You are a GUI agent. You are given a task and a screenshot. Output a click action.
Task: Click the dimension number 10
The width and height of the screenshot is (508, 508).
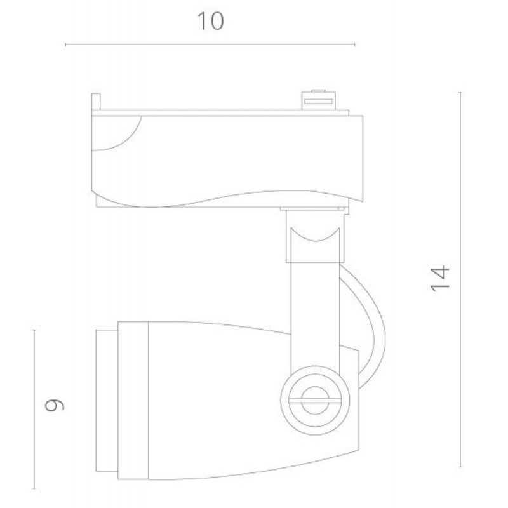tap(211, 21)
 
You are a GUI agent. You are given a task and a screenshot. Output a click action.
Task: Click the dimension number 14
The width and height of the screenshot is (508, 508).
tap(439, 279)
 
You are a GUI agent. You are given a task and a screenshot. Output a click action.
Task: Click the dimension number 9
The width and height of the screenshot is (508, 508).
tap(54, 405)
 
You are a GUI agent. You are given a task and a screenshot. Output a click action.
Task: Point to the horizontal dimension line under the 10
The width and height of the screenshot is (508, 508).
tap(210, 44)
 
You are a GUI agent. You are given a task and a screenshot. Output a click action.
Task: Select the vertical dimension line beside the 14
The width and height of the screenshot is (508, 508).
tap(460, 279)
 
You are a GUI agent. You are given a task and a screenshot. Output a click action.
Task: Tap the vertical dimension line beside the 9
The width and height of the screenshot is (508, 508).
tap(34, 409)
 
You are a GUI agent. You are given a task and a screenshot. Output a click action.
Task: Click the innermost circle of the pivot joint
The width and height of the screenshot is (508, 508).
tap(315, 401)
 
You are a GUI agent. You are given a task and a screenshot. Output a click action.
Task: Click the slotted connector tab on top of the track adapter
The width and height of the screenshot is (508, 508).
tap(319, 100)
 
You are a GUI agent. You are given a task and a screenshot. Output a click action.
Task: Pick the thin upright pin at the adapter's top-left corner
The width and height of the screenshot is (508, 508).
tap(96, 102)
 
